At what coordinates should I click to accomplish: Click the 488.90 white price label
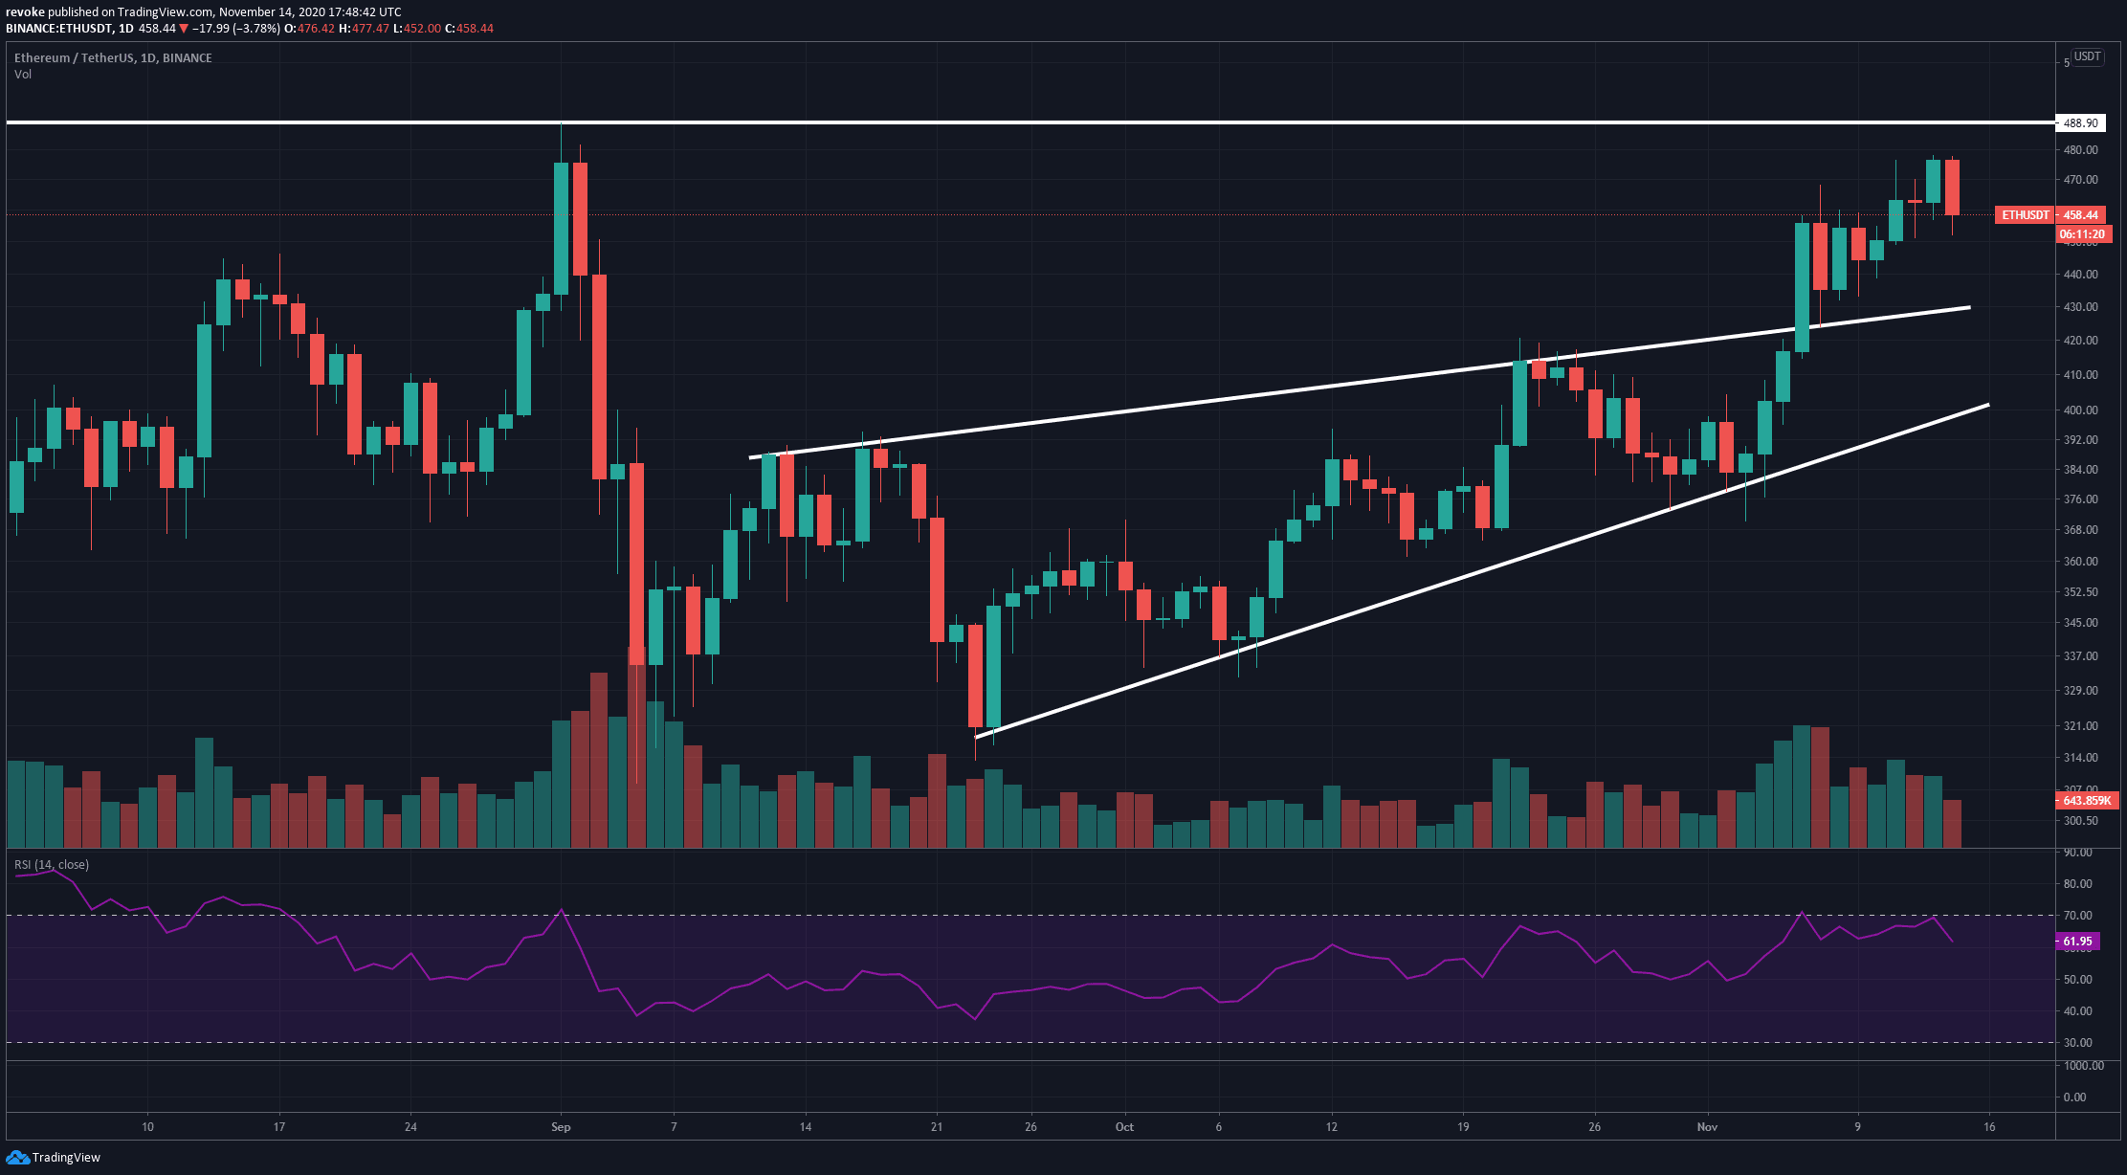(x=2080, y=123)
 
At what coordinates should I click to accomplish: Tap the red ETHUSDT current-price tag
(x=2049, y=215)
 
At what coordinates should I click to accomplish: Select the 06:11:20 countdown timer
(x=2081, y=234)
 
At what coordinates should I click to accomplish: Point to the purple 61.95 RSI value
(x=2077, y=942)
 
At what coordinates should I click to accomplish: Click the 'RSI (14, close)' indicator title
(x=52, y=865)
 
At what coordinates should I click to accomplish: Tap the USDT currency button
(x=2087, y=57)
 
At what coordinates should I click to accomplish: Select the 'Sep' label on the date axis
(x=561, y=1127)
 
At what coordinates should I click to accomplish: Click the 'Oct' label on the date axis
(x=1124, y=1127)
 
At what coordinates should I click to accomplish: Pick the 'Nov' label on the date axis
(x=1707, y=1127)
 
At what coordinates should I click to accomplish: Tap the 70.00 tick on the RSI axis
(x=2077, y=916)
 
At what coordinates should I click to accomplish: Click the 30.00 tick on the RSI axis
(x=2077, y=1043)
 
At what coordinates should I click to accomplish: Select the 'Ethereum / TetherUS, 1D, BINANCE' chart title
(x=113, y=58)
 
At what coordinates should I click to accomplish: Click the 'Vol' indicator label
(x=23, y=75)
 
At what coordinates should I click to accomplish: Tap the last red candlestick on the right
(x=1952, y=188)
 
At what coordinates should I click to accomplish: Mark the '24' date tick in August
(x=410, y=1127)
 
